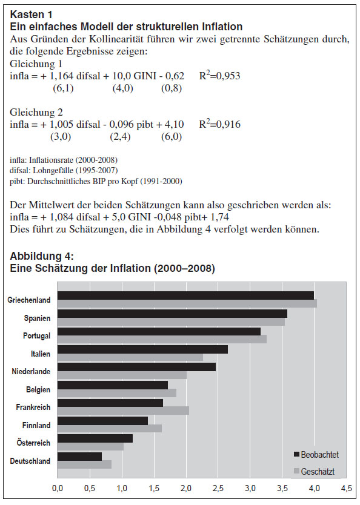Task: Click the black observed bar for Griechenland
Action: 185,295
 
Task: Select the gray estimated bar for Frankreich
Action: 123,411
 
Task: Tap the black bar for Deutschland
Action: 79,457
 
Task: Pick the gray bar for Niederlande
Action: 122,375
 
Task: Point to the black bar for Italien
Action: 143,349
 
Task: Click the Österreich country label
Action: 33,443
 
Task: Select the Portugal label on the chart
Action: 37,336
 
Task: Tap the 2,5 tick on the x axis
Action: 218,488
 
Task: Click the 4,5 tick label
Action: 347,488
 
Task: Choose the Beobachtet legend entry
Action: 316,455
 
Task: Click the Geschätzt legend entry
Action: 314,472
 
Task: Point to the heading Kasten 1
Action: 32,15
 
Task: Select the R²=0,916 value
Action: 220,124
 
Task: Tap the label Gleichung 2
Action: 36,112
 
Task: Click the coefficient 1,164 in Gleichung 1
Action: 61,76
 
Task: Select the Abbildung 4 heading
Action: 42,256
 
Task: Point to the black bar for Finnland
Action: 103,421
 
